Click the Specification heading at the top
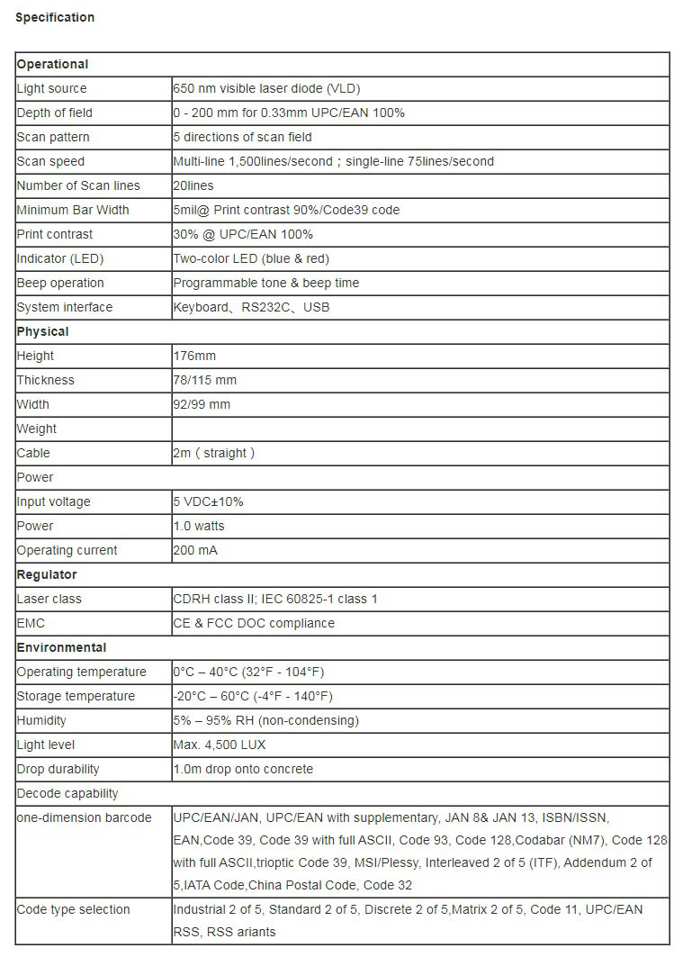(x=55, y=17)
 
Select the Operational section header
(x=52, y=64)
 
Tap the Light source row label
(x=52, y=88)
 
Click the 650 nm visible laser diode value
(x=266, y=88)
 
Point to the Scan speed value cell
(x=333, y=161)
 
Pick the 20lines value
(x=193, y=185)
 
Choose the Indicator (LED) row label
(x=60, y=258)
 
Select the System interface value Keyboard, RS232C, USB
(x=251, y=307)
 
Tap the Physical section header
(x=42, y=331)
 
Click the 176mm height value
(x=194, y=356)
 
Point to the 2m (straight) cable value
(x=213, y=453)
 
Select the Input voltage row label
(x=54, y=501)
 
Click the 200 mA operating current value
(x=195, y=550)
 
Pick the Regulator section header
(x=47, y=574)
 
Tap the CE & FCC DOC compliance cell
(x=254, y=623)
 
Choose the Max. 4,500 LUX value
(x=220, y=745)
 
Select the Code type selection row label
(x=74, y=909)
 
